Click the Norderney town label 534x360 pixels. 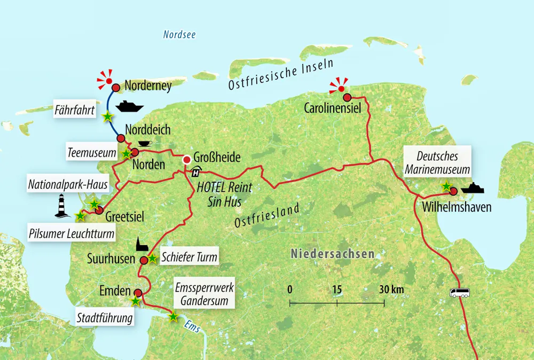pyautogui.click(x=147, y=85)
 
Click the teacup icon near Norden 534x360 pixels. pyautogui.click(x=144, y=143)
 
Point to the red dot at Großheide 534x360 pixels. pyautogui.click(x=187, y=160)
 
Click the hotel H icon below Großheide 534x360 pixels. pyautogui.click(x=195, y=172)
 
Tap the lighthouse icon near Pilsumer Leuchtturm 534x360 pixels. pyautogui.click(x=63, y=206)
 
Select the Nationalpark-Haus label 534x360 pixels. pyautogui.click(x=68, y=185)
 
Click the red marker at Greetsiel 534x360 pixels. pyautogui.click(x=99, y=210)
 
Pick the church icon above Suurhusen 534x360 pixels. pyautogui.click(x=141, y=245)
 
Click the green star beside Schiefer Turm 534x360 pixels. pyautogui.click(x=152, y=259)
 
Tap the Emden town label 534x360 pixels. pyautogui.click(x=115, y=291)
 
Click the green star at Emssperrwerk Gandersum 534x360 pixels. pyautogui.click(x=173, y=317)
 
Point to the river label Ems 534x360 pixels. pyautogui.click(x=192, y=326)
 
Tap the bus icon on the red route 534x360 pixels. pyautogui.click(x=460, y=292)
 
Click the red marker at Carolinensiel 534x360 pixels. pyautogui.click(x=347, y=97)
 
